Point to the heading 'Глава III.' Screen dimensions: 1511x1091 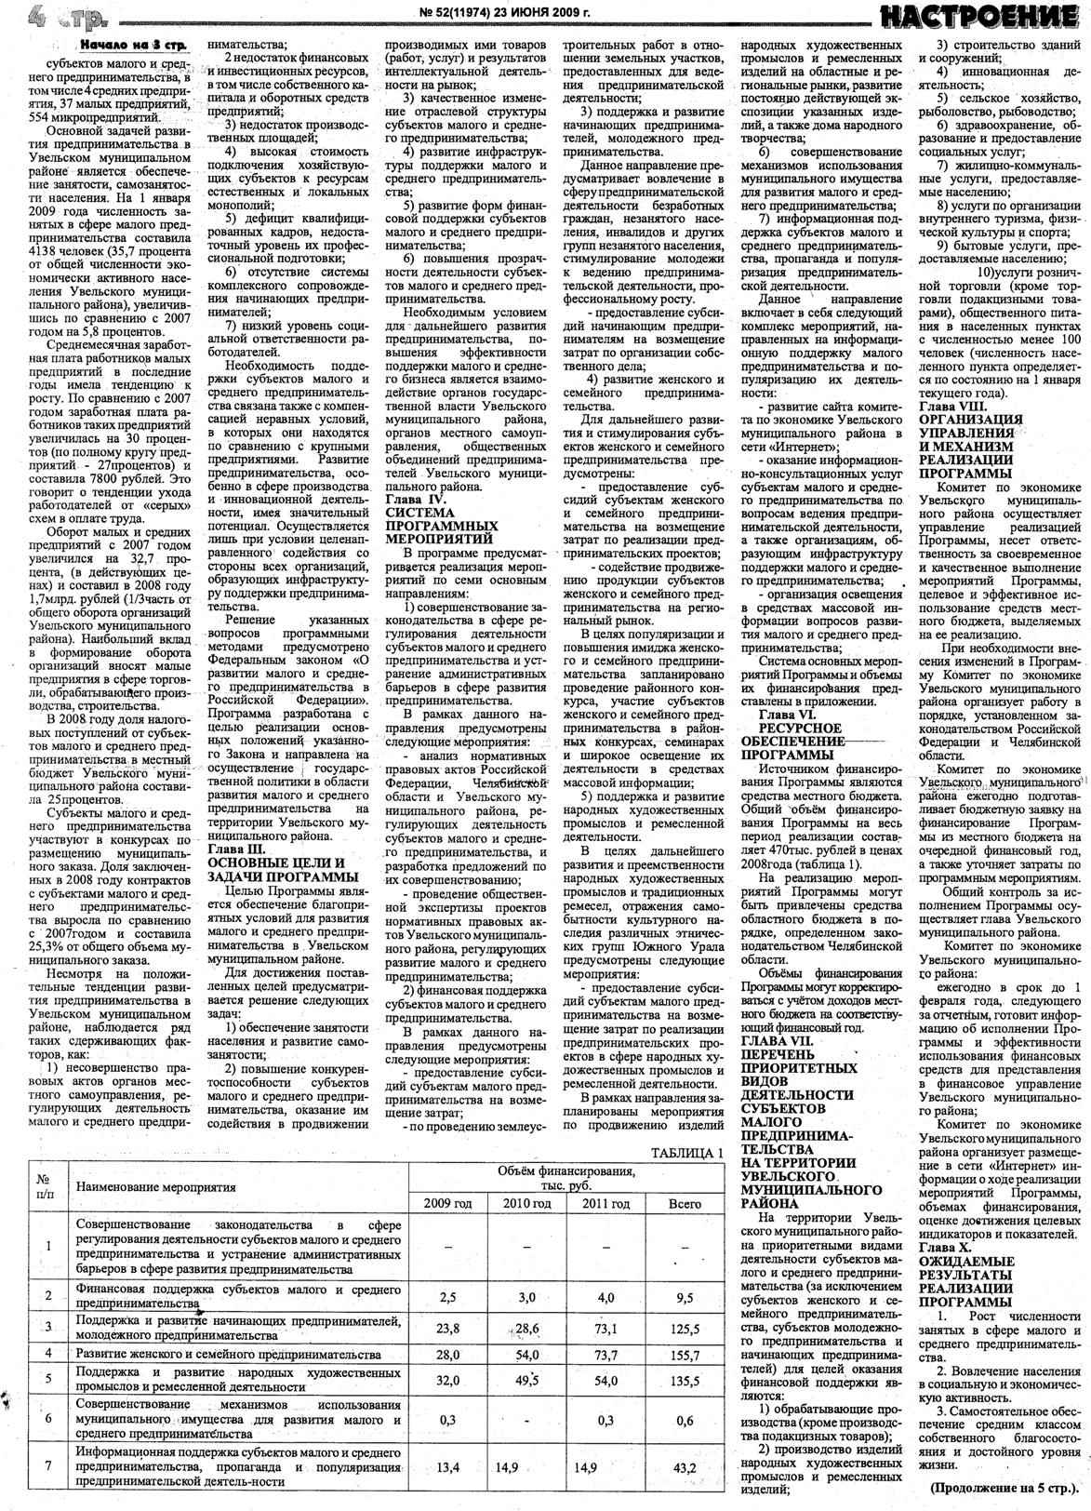pos(239,849)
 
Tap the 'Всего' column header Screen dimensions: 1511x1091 pos(685,1203)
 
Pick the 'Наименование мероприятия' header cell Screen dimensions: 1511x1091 pos(155,1187)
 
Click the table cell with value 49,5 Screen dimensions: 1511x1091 pos(527,1380)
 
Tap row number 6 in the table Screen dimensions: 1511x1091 pos(47,1420)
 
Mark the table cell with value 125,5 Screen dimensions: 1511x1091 pos(685,1327)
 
